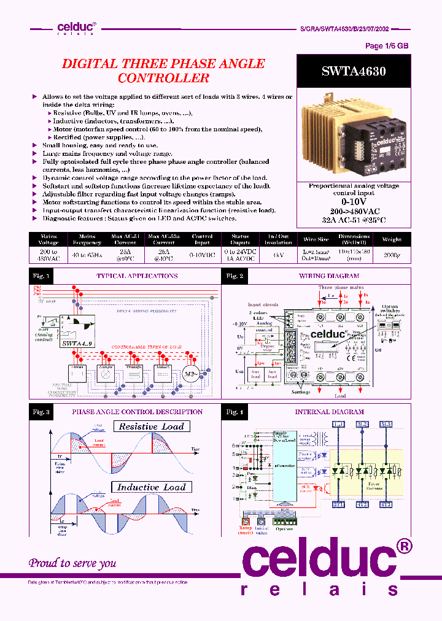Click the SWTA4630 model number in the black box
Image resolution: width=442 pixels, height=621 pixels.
tap(354, 71)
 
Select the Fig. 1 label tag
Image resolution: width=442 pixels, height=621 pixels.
tap(41, 276)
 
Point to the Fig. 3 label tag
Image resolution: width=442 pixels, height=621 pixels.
tap(41, 412)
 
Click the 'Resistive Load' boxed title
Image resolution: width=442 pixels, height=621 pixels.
tap(152, 426)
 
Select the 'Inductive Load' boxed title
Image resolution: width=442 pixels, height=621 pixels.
tap(152, 487)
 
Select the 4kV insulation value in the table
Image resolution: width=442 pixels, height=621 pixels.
tap(277, 254)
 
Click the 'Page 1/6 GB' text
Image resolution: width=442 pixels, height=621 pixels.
tap(387, 46)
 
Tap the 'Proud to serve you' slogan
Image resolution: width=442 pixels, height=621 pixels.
tap(72, 563)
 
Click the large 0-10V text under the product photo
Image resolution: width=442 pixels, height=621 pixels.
tap(354, 201)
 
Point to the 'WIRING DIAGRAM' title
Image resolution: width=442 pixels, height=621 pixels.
tap(329, 276)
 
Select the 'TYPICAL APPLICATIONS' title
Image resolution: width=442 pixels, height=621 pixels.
tap(137, 276)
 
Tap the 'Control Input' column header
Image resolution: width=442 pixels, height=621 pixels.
tap(203, 240)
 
